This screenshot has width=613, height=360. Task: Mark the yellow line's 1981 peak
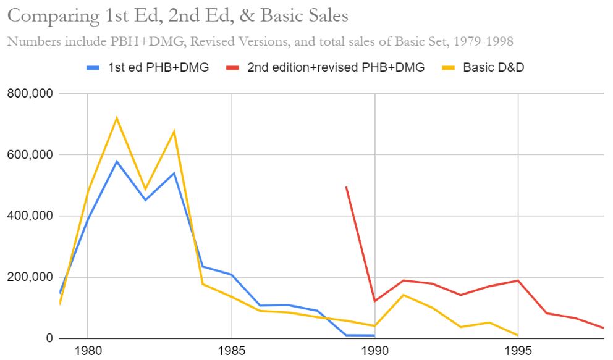(116, 118)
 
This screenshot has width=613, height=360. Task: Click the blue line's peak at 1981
(116, 162)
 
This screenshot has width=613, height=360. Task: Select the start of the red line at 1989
(346, 186)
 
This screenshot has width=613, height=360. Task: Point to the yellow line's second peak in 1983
(174, 131)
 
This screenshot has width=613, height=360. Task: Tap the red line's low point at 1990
(374, 301)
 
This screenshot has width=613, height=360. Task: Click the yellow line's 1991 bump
(403, 295)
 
